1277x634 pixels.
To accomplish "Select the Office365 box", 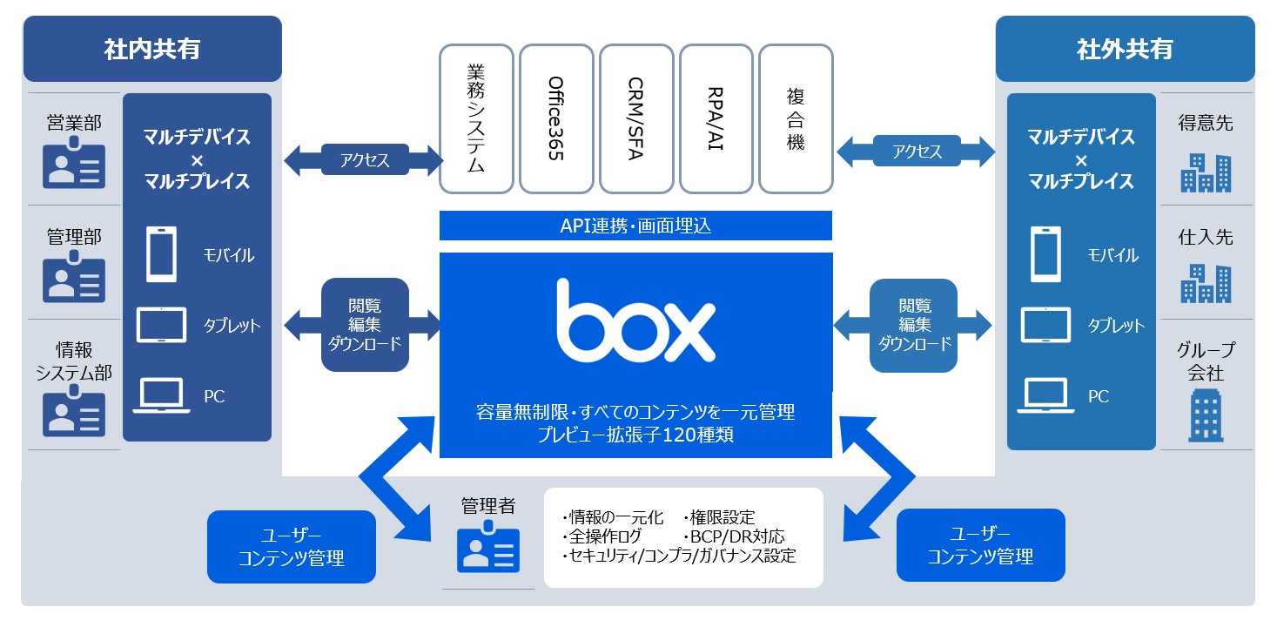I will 556,118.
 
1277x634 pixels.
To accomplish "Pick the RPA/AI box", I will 716,118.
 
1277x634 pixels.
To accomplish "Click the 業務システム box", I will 476,118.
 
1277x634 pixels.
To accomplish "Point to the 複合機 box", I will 796,118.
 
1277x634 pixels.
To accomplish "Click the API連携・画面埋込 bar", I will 635,226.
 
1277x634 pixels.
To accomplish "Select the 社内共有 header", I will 152,49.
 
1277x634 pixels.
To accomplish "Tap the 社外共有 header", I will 1125,49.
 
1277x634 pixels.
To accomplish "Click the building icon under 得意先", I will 1206,172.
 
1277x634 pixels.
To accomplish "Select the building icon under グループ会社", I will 1206,415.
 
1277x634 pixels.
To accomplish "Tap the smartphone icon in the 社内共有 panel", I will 161,253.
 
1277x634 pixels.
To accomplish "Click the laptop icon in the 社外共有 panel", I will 1045,395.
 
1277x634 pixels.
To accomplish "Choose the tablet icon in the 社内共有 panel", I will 161,325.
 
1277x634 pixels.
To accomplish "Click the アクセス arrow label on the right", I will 917,152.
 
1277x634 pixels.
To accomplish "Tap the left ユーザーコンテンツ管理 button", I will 292,546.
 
